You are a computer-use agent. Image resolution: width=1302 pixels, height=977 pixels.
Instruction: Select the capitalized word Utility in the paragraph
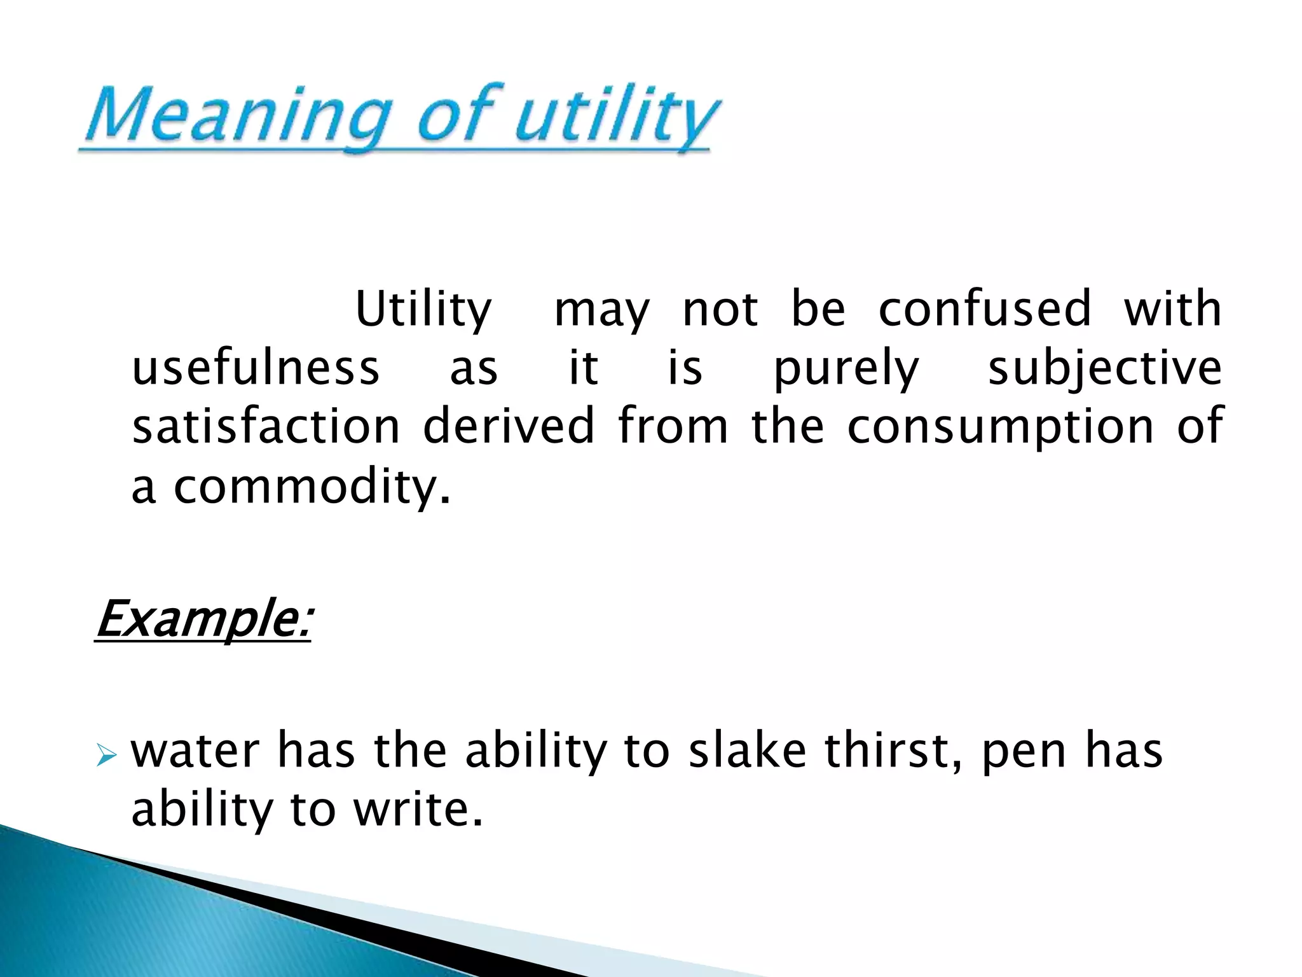[423, 310]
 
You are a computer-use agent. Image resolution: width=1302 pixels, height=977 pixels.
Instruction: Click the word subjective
[1105, 369]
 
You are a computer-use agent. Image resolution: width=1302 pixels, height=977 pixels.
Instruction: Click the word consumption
[1000, 427]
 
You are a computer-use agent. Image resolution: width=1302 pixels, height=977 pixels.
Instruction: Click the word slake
[748, 751]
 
